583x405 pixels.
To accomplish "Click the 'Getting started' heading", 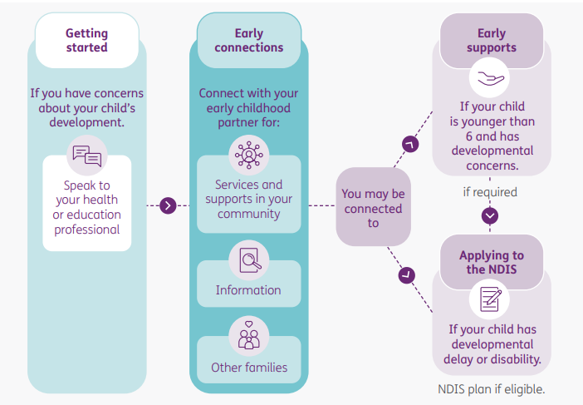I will [x=87, y=40].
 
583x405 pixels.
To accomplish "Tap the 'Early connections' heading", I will [x=248, y=40].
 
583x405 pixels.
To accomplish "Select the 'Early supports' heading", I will [x=491, y=40].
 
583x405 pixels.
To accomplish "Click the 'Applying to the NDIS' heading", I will [x=491, y=262].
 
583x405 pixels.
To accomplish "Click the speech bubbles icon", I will [x=87, y=156].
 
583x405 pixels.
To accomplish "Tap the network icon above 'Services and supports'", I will [x=248, y=156].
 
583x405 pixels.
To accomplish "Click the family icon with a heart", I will [x=248, y=335].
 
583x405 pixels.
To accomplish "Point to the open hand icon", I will [x=491, y=79].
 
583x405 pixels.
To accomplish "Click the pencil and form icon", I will [x=491, y=299].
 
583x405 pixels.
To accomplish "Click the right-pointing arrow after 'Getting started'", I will [x=169, y=205].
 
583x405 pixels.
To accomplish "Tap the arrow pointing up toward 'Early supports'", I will [x=409, y=144].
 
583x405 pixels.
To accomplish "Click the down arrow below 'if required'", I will [x=490, y=215].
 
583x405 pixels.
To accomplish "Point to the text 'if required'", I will [x=490, y=192].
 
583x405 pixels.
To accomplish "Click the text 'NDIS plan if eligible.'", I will [x=491, y=388].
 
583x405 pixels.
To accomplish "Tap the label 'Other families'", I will [x=248, y=367].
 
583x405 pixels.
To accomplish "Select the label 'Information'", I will [x=248, y=290].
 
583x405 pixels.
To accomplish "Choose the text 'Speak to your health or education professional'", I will [x=87, y=207].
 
